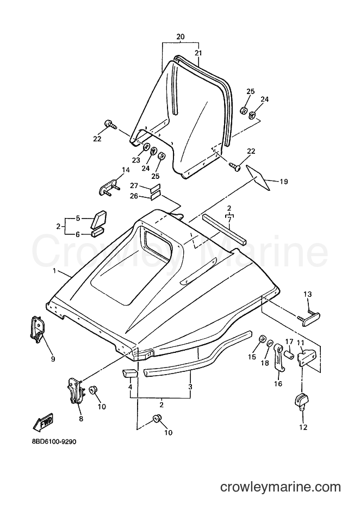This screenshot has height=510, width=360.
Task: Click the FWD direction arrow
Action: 43,423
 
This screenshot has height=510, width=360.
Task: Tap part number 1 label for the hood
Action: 54,271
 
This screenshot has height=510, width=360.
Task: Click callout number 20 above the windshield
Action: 181,37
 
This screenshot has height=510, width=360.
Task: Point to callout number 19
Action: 283,182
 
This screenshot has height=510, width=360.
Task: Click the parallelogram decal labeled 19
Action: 258,177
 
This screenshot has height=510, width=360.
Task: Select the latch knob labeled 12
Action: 302,401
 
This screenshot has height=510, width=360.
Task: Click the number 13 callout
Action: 308,294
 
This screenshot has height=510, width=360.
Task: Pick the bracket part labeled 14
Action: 109,188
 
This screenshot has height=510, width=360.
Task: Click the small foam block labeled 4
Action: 130,373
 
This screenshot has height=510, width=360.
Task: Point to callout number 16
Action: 278,384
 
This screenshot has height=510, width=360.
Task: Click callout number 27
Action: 134,186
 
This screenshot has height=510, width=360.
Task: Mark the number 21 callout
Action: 198,53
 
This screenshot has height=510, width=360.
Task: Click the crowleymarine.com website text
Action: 280,487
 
